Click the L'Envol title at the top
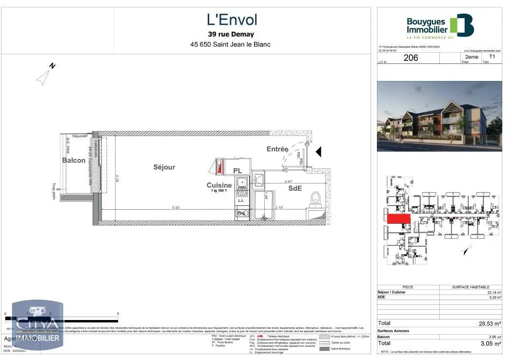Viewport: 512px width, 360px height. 232,20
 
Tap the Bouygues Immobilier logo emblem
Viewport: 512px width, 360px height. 461,25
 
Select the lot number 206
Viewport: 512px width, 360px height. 411,58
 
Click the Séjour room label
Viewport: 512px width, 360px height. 164,167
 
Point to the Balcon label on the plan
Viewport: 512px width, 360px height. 74,160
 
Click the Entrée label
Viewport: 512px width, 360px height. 277,149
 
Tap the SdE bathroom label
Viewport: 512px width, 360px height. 295,188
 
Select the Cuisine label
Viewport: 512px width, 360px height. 219,185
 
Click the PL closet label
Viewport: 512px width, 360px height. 237,171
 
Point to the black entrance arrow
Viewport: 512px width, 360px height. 318,152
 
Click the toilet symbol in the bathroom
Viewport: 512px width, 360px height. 315,198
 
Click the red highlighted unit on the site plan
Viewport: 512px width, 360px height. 398,219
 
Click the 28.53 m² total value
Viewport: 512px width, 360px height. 490,323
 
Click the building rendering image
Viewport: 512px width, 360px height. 439,116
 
